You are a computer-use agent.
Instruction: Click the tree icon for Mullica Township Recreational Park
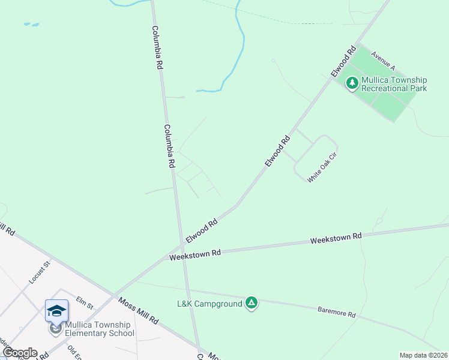pyautogui.click(x=352, y=84)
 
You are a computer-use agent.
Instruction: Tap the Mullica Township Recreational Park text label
pyautogui.click(x=393, y=84)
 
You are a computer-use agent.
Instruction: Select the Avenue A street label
pyautogui.click(x=382, y=60)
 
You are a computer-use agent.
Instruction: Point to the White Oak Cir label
pyautogui.click(x=323, y=168)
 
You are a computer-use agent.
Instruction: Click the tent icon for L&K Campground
pyautogui.click(x=252, y=303)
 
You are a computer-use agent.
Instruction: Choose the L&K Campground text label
pyautogui.click(x=209, y=304)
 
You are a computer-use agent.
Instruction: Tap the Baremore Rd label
pyautogui.click(x=337, y=312)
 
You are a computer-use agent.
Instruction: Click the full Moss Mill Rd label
pyautogui.click(x=137, y=311)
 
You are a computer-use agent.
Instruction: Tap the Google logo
pyautogui.click(x=20, y=353)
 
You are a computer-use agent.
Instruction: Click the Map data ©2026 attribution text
pyautogui.click(x=423, y=355)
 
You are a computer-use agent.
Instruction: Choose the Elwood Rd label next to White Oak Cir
pyautogui.click(x=278, y=151)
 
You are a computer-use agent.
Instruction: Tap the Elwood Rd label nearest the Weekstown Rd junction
pyautogui.click(x=201, y=230)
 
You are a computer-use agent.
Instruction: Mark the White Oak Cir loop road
pyautogui.click(x=334, y=150)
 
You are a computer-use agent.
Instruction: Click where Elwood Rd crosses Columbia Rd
pyautogui.click(x=181, y=246)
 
